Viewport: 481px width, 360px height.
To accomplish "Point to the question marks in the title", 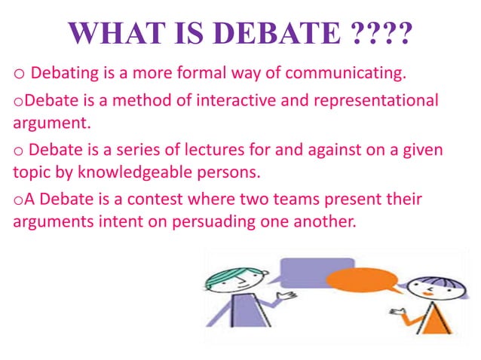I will pyautogui.click(x=382, y=33).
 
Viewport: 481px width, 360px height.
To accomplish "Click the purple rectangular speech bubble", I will pyautogui.click(x=315, y=273).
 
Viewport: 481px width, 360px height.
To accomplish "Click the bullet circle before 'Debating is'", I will pyautogui.click(x=20, y=74).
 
